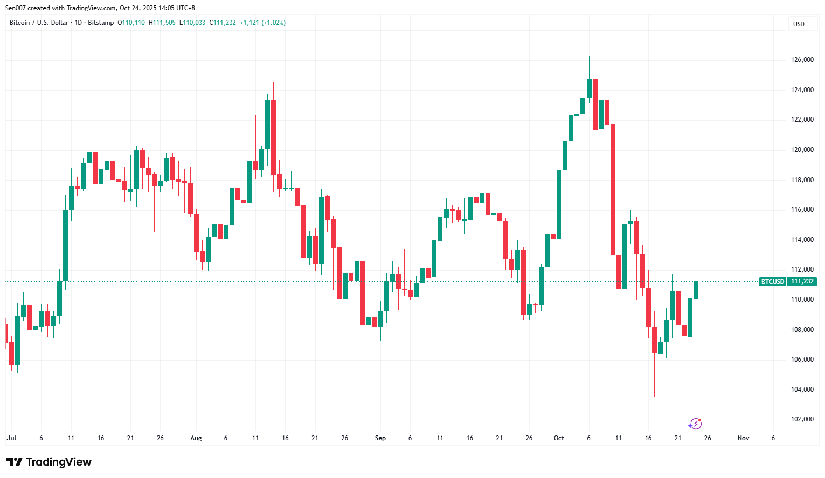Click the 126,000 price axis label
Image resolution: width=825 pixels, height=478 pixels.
point(802,60)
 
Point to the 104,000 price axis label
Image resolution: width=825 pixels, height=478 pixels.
point(802,390)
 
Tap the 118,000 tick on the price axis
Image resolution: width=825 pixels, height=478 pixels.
point(802,180)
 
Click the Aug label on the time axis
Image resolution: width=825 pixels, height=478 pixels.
point(196,438)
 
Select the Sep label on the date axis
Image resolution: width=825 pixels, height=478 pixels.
point(380,438)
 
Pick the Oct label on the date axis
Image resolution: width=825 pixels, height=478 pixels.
point(559,438)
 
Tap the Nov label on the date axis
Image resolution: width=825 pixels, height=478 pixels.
point(743,438)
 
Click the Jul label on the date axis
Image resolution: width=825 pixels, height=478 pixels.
point(11,438)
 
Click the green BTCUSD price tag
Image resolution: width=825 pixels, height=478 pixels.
point(772,282)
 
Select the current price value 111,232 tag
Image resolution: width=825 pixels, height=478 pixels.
point(802,282)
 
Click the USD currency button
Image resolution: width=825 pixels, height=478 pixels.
point(799,24)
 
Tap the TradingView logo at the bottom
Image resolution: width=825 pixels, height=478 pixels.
point(49,462)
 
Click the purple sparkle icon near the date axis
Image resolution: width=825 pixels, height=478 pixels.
point(695,424)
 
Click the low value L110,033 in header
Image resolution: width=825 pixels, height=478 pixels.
point(192,23)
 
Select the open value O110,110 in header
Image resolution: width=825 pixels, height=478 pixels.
point(131,23)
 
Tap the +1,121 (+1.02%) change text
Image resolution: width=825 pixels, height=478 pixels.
point(262,23)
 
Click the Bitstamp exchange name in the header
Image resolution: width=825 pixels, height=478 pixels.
point(101,23)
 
